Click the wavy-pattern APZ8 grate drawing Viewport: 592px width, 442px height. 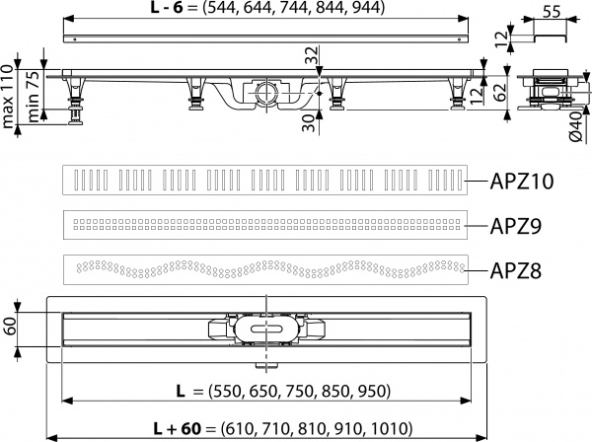click(265, 267)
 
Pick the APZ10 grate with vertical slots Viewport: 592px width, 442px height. click(265, 181)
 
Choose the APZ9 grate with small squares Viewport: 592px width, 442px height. click(265, 223)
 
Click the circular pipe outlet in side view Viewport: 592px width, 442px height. click(266, 95)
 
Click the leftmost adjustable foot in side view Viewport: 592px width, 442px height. click(72, 100)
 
